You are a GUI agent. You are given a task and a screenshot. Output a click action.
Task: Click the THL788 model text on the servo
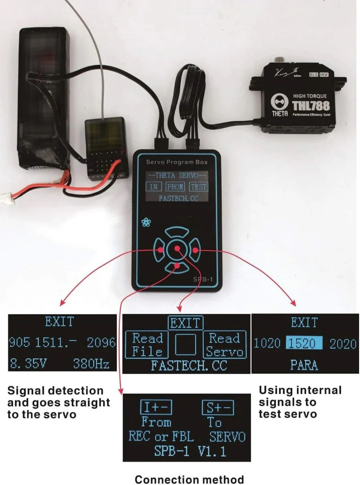[x=311, y=106]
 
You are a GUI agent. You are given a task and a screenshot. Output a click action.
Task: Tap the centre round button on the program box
[x=177, y=249]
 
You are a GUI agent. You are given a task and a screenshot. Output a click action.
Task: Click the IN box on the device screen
[x=154, y=187]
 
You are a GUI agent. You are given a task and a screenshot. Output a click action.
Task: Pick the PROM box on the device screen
[x=176, y=187]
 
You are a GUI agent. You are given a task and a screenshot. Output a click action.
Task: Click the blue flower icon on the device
[x=146, y=223]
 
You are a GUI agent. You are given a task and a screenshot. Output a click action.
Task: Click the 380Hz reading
[x=91, y=363]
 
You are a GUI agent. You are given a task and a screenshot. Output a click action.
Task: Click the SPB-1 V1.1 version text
[x=187, y=451]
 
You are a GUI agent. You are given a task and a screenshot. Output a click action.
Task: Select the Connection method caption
[x=189, y=479]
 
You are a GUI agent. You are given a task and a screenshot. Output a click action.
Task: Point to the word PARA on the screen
[x=304, y=364]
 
